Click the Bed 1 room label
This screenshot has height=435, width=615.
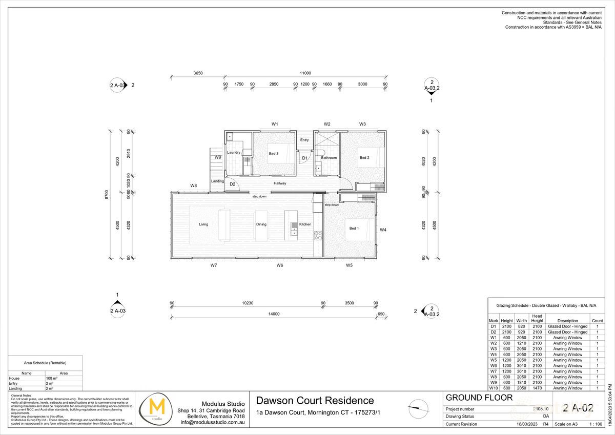[x=354, y=229]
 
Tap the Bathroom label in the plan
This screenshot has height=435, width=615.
[x=329, y=158]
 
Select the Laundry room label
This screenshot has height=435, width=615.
[x=234, y=153]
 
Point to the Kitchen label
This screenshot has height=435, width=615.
[x=305, y=224]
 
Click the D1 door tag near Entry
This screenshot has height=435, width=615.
[x=304, y=158]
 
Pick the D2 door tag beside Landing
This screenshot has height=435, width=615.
[x=232, y=184]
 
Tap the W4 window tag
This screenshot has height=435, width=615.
[x=383, y=230]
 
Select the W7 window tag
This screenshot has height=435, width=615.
[x=214, y=265]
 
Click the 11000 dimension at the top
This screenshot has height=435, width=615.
[x=305, y=73]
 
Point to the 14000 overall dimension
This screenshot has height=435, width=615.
[x=273, y=314]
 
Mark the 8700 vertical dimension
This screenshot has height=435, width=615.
[x=107, y=194]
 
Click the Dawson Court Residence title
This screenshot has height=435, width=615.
[x=315, y=401]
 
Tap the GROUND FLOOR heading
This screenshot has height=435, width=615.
[x=470, y=398]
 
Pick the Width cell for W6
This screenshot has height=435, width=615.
[x=521, y=366]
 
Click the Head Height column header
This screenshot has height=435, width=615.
[x=537, y=318]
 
